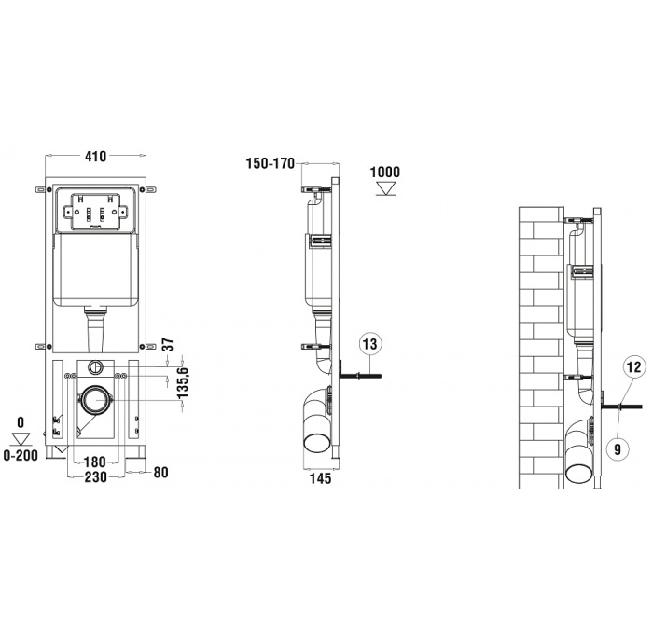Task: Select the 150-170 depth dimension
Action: tap(270, 163)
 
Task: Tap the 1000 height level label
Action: tap(384, 172)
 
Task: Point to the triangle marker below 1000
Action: tap(384, 189)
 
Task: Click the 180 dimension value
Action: tap(94, 462)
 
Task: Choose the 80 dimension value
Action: tap(160, 473)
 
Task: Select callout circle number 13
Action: tap(370, 345)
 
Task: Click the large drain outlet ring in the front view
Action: tap(93, 401)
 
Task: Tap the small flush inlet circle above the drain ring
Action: tap(93, 366)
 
